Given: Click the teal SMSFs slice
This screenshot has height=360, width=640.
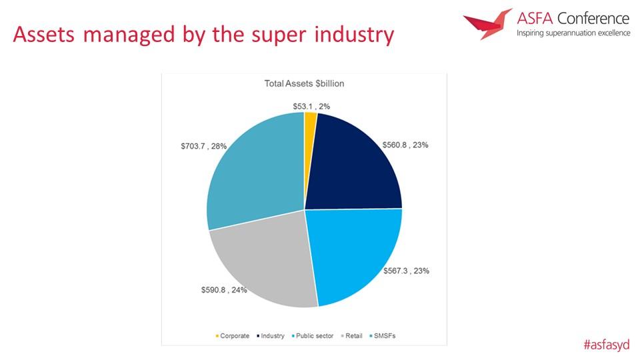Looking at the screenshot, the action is pos(253,167).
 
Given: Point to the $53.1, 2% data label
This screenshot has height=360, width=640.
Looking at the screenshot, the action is pos(311,107).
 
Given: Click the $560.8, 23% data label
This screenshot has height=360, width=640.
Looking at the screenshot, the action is pos(405,145).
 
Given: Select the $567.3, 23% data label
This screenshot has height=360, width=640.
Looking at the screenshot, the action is pos(406,271).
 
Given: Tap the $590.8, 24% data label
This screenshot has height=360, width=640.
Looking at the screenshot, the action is pos(224,290).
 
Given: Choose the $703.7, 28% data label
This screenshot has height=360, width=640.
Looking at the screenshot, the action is pos(204,146).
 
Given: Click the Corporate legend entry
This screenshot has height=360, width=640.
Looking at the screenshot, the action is pos(232,336).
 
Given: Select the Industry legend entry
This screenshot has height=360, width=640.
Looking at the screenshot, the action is pos(270,336).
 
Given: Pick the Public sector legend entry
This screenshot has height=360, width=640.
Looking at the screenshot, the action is pos(313,336).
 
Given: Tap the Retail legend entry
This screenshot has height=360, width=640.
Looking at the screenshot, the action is pos(351,336).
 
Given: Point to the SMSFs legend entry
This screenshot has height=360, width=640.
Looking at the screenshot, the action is pos(383,336).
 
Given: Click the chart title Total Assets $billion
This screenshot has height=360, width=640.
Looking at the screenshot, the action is pos(304,84).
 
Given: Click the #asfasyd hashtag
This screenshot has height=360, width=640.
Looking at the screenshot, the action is pos(607,345).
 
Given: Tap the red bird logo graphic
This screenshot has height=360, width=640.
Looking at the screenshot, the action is pos(487,24).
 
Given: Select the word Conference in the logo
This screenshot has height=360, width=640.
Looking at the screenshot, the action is pos(593,19).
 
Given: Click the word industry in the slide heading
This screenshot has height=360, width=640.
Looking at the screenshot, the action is pos(354,34).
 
